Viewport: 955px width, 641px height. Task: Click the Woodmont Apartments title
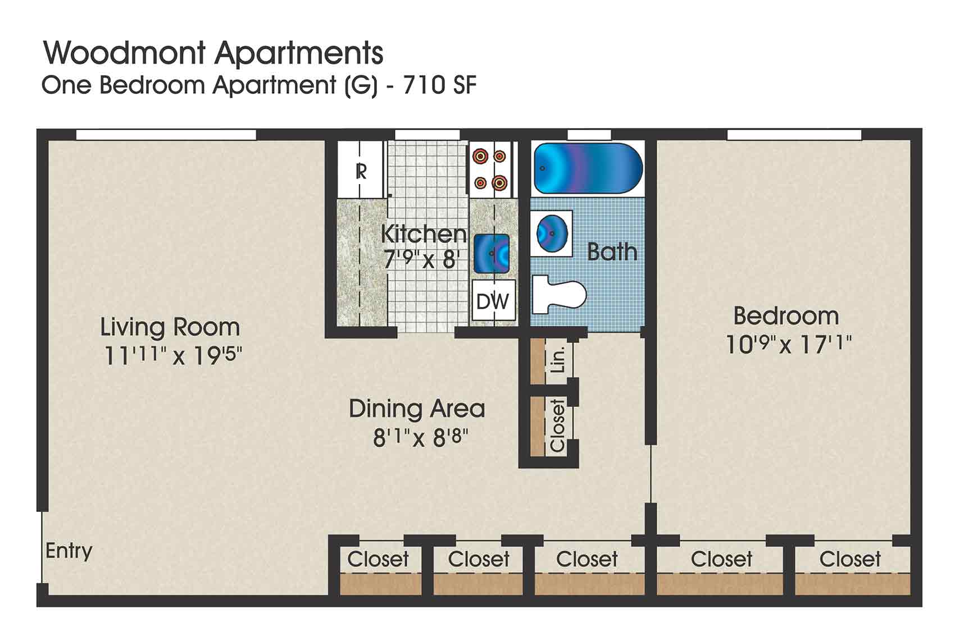click(x=213, y=53)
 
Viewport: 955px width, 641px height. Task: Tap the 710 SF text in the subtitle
click(x=439, y=85)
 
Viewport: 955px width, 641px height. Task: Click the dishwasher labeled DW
click(x=493, y=301)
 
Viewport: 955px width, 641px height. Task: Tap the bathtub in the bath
click(x=587, y=168)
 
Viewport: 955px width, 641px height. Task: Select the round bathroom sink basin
click(x=551, y=232)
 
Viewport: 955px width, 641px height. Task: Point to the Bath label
click(x=612, y=252)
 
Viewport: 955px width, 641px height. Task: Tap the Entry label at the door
click(x=69, y=551)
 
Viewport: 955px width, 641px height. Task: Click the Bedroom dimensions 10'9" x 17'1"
click(x=788, y=344)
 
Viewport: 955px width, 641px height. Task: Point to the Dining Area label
click(x=416, y=409)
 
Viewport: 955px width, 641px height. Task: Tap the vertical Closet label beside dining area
click(x=557, y=425)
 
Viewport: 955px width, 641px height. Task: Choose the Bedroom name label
click(x=786, y=316)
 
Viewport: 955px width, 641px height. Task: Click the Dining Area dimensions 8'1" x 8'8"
click(x=421, y=438)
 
